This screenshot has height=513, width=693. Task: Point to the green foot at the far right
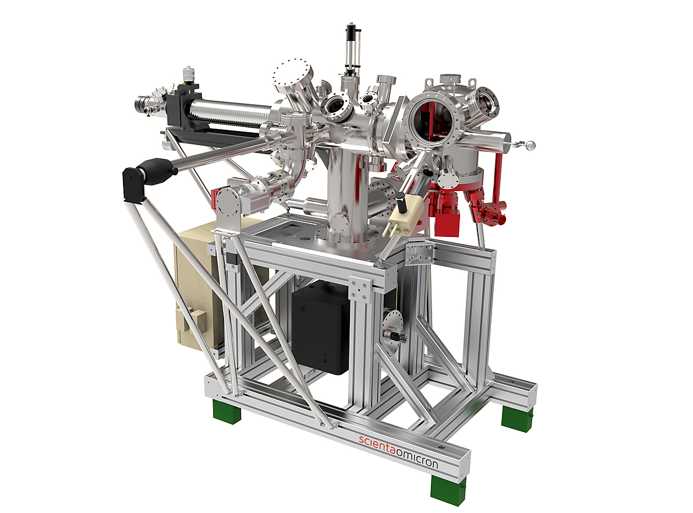tap(517, 418)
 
